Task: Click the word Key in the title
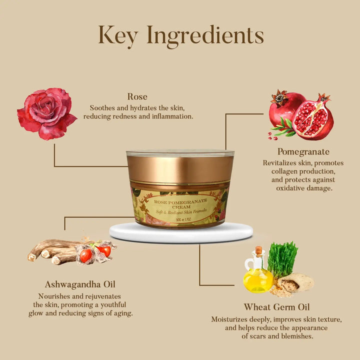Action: [118, 36]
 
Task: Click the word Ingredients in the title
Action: [205, 36]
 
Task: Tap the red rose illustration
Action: [47, 113]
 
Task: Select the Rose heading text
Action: [137, 96]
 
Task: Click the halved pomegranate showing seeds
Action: [313, 117]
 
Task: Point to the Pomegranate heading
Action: [303, 152]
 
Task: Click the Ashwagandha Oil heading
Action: [80, 284]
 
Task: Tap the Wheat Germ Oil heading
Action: [276, 307]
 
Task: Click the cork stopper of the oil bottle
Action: [258, 251]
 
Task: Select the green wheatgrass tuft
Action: [282, 259]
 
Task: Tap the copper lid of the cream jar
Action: [180, 169]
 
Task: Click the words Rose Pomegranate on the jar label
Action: [180, 202]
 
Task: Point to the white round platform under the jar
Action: [181, 232]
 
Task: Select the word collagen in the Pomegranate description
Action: [284, 171]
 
